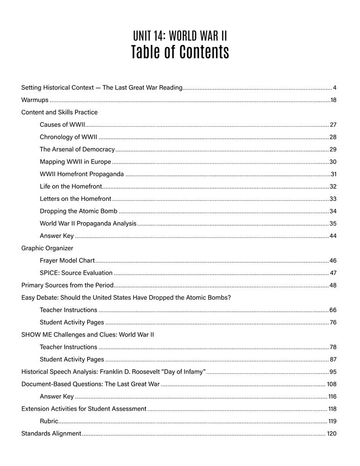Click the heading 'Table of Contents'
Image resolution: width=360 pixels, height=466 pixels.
pos(180,52)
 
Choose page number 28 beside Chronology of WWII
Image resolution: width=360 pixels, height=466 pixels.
pos(333,137)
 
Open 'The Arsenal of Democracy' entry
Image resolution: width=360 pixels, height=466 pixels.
pos(77,149)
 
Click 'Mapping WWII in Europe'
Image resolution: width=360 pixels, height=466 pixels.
pos(75,162)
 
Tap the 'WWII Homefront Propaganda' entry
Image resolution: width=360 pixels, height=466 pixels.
pos(82,174)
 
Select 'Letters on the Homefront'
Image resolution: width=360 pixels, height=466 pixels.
pos(75,199)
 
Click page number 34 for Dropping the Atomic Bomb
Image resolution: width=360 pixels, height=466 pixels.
pos(333,211)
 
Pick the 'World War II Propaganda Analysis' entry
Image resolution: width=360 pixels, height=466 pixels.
pos(88,224)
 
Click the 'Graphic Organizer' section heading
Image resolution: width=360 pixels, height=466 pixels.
pos(47,248)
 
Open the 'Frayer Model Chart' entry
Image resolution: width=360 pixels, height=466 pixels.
pos(67,260)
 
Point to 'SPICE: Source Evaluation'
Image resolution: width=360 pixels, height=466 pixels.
pos(76,273)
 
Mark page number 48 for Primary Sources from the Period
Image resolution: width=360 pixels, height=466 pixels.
pos(333,285)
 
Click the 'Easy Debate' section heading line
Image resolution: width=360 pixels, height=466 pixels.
pos(126,298)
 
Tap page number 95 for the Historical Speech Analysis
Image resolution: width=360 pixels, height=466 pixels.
pos(333,372)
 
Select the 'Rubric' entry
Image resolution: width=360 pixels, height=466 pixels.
pos(49,421)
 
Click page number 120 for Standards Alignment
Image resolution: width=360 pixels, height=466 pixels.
pos(331,434)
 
